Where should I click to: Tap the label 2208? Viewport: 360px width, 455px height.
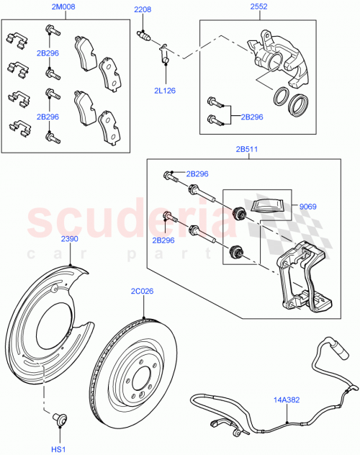click(143, 11)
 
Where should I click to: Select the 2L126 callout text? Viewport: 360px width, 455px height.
click(165, 91)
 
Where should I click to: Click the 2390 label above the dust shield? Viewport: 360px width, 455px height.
click(69, 238)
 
